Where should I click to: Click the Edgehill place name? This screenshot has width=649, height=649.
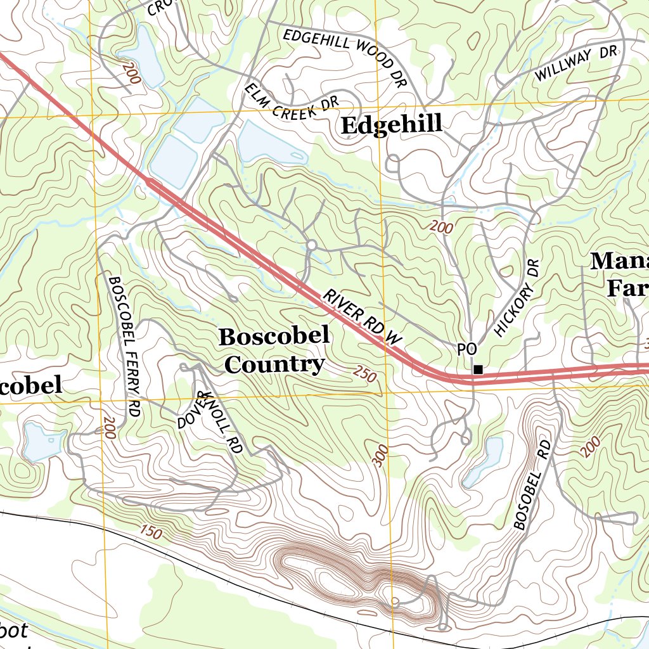click(x=391, y=125)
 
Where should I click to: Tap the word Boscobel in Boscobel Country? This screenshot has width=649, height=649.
click(x=274, y=337)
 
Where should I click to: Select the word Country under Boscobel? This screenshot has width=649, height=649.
click(x=274, y=364)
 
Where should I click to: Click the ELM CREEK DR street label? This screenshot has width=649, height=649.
click(x=292, y=102)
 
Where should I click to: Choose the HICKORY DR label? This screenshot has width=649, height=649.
click(x=516, y=298)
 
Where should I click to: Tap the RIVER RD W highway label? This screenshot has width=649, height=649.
click(x=363, y=318)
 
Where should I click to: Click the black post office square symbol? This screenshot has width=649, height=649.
click(x=479, y=369)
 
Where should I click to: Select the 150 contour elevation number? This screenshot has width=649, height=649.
click(x=152, y=532)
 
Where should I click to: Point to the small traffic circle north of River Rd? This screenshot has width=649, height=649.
click(x=311, y=245)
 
